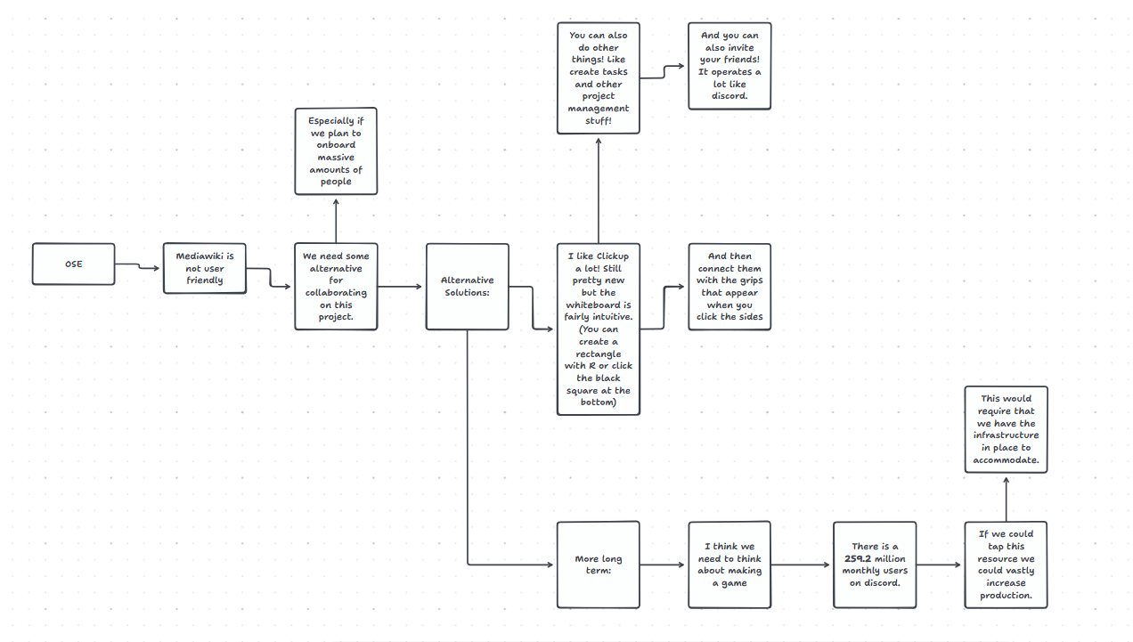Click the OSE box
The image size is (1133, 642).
point(74,264)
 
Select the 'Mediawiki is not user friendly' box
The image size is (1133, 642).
point(205,268)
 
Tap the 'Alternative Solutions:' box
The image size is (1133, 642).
point(467,287)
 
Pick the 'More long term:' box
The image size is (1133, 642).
point(598,565)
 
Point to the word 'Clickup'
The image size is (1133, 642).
point(613,256)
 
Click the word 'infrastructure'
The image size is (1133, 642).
point(1006,435)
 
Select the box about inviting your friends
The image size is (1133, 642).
point(729,66)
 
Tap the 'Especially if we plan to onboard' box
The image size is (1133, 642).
point(336,151)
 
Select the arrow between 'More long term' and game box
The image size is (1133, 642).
point(664,565)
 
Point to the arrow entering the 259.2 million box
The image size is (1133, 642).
point(802,565)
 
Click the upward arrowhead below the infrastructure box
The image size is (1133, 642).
point(1006,482)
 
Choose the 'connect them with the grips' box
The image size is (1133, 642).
point(729,287)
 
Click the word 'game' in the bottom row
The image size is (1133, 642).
point(735,583)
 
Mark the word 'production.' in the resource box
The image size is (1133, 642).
point(1006,596)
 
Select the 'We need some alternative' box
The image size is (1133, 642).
point(336,287)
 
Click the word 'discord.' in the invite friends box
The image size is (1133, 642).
point(730,96)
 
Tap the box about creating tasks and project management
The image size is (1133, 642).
point(598,78)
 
